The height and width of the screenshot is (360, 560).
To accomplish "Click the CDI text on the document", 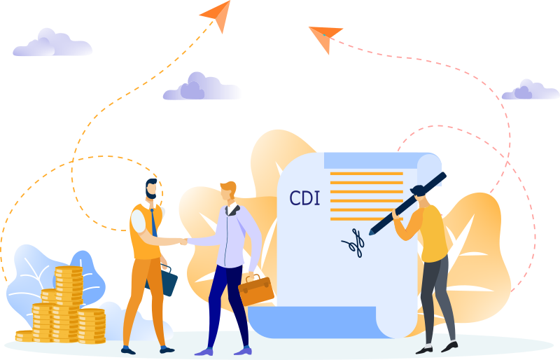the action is (x=304, y=198).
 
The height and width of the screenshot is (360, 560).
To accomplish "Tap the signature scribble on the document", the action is (x=353, y=243).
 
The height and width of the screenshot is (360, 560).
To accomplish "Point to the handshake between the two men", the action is (x=183, y=242).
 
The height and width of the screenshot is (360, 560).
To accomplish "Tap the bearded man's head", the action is (x=151, y=189).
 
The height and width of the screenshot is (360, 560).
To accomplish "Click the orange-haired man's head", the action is (x=229, y=191).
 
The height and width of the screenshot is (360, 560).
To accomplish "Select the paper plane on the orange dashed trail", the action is (x=216, y=15).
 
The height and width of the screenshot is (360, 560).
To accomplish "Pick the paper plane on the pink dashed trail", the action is (x=325, y=38).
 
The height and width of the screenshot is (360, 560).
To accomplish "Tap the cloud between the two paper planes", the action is (x=202, y=87).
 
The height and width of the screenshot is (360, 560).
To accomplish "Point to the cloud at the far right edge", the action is (x=531, y=90).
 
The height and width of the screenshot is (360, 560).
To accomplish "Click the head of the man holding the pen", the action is (x=419, y=195).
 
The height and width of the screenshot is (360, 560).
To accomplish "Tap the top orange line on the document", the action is (x=366, y=174).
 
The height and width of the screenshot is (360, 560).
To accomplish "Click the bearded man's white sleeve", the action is (x=138, y=221).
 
